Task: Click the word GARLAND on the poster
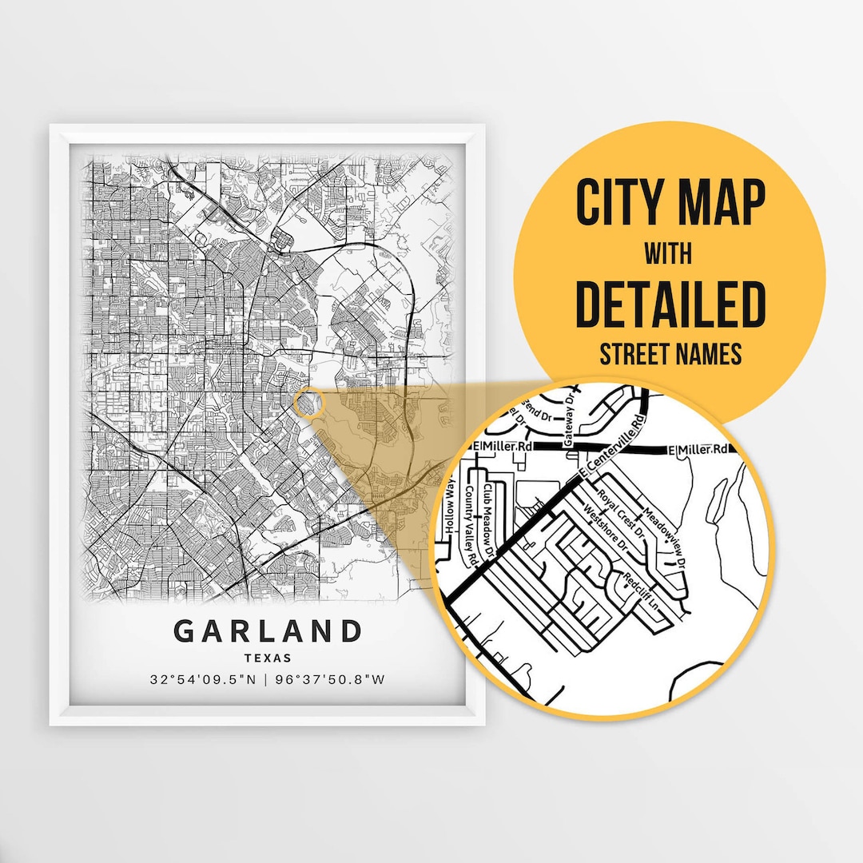click(x=268, y=631)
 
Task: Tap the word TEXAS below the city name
click(x=268, y=658)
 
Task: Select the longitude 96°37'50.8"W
click(x=330, y=681)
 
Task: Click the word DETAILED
click(x=670, y=305)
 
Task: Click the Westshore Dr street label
click(x=606, y=532)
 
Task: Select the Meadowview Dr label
click(x=664, y=538)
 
